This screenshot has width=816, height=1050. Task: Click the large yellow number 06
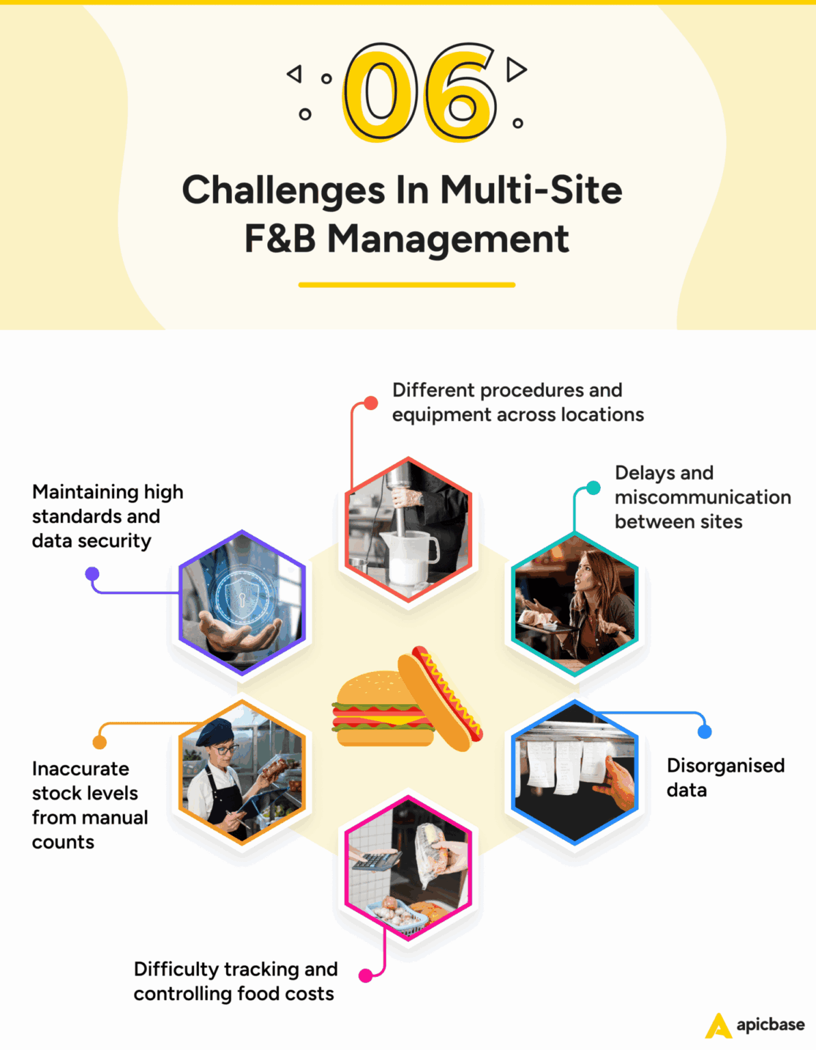click(420, 92)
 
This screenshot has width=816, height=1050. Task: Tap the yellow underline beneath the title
click(407, 284)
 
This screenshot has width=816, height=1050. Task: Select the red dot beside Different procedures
click(370, 403)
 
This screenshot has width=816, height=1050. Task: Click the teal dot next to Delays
click(593, 487)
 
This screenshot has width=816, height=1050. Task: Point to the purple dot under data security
click(92, 574)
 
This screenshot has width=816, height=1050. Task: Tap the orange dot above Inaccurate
click(100, 742)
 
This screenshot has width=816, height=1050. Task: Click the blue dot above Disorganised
click(705, 731)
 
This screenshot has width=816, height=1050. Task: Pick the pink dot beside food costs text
click(366, 975)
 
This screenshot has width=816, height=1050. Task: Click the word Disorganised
click(725, 765)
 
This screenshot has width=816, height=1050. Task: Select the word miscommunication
click(703, 497)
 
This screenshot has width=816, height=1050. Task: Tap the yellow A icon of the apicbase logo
click(718, 1025)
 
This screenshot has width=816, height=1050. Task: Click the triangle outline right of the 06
click(516, 69)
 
